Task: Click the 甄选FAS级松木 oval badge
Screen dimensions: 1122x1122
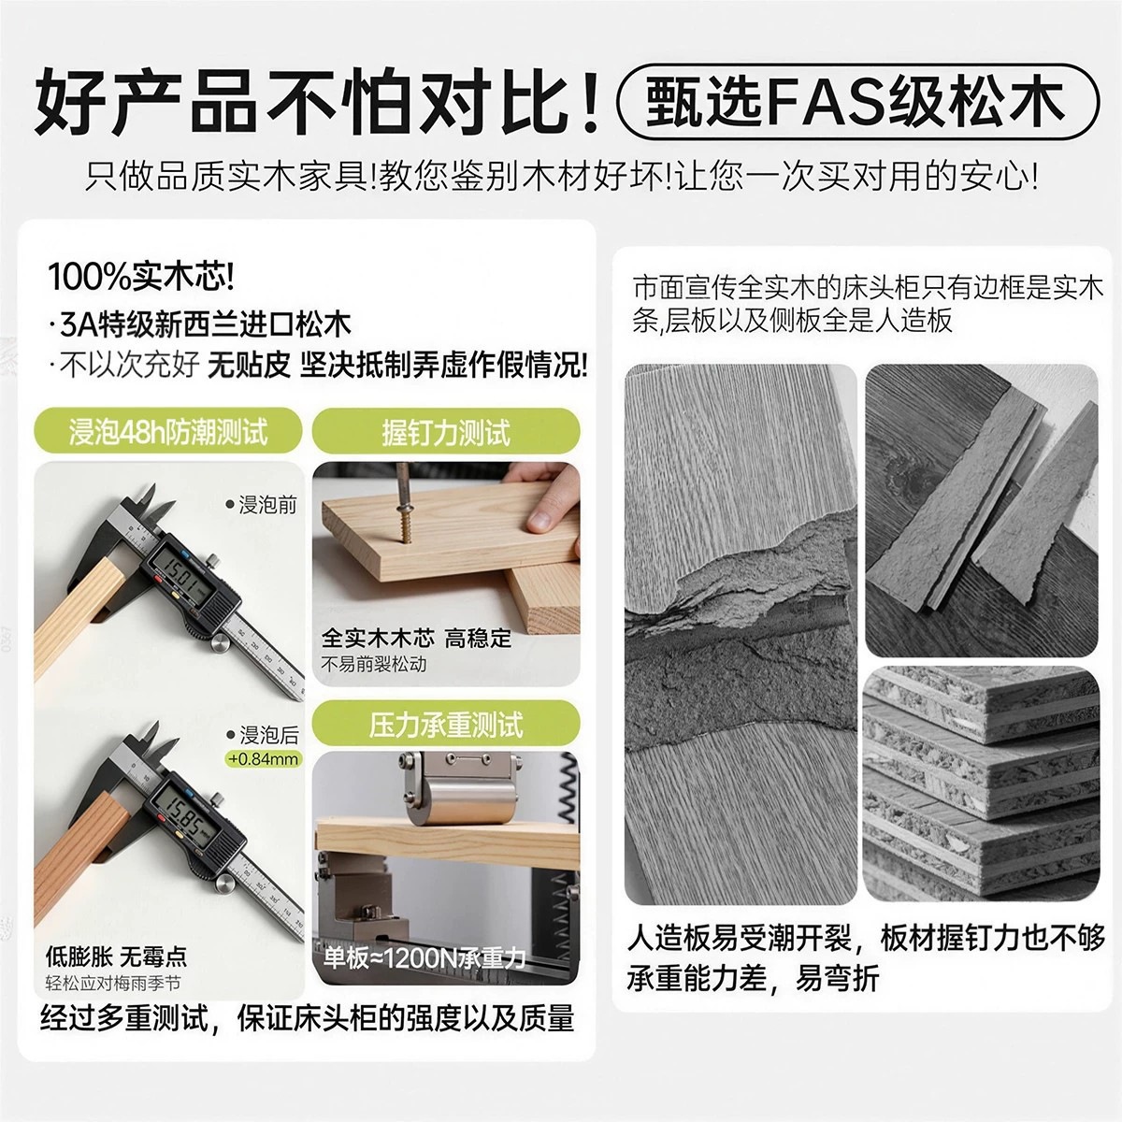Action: coord(857,103)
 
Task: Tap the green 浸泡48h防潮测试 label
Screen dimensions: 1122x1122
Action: coord(168,431)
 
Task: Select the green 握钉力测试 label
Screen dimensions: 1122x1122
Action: coord(446,431)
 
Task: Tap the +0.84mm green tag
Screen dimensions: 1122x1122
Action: coord(264,758)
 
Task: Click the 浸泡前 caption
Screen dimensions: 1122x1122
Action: coord(262,505)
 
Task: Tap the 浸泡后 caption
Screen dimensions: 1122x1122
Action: coord(263,735)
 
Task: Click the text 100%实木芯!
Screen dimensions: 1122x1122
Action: coord(141,277)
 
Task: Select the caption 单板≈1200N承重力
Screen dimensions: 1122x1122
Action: coord(424,957)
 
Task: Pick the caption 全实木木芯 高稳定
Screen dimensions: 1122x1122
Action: coord(416,639)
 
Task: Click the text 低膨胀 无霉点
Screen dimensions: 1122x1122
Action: coord(117,957)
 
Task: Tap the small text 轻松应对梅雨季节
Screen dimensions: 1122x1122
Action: coord(113,984)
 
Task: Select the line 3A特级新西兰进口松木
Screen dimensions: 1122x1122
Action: coord(200,324)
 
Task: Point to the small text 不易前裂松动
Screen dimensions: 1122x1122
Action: coord(373,664)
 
